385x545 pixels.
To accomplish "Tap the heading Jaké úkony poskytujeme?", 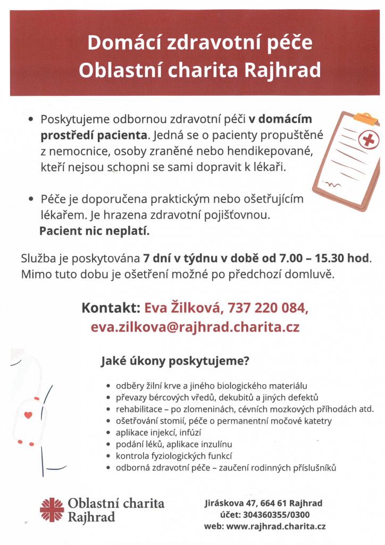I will click(176, 362).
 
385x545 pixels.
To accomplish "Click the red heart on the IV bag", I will click(28, 415).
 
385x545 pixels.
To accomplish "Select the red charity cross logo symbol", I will click(52, 509).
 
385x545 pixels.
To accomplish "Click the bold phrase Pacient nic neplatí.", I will click(95, 232).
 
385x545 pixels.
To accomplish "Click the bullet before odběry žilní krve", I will click(109, 386).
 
